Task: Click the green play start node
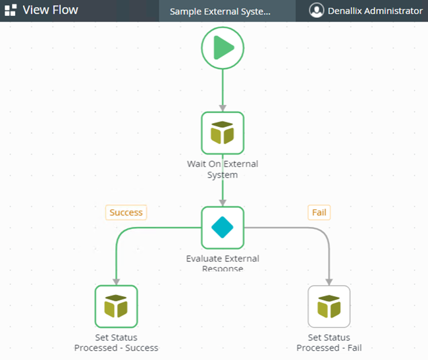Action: tap(223, 47)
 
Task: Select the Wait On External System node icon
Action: tap(223, 133)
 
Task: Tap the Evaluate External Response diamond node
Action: tap(223, 228)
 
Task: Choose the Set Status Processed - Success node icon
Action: tap(116, 306)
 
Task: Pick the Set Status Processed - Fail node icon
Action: tap(329, 306)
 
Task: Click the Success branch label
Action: tap(126, 213)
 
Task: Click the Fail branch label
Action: tap(319, 213)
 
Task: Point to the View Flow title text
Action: tap(51, 11)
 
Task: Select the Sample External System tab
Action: tap(220, 11)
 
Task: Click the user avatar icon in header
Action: tap(317, 11)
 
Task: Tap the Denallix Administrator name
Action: tap(376, 11)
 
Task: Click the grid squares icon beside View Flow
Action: tap(11, 11)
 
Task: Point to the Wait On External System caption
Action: tap(223, 169)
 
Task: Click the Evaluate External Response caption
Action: tap(223, 263)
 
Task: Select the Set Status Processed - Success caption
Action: tap(116, 343)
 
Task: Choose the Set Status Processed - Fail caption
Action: tap(329, 343)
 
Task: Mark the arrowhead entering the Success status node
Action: tap(116, 281)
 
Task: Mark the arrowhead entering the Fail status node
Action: tap(329, 281)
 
